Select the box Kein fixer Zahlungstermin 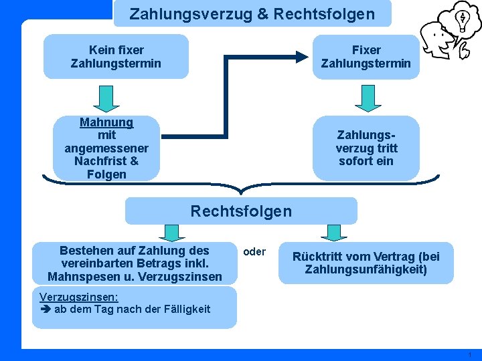[x=116, y=57]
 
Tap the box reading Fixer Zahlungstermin [x=366, y=57]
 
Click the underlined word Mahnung [x=106, y=122]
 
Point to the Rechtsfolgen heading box [x=241, y=211]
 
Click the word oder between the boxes [x=254, y=252]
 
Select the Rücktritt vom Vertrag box [x=366, y=263]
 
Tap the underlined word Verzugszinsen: [x=79, y=296]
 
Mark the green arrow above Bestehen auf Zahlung [x=172, y=232]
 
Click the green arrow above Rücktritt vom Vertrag [x=334, y=232]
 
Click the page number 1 [x=471, y=354]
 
